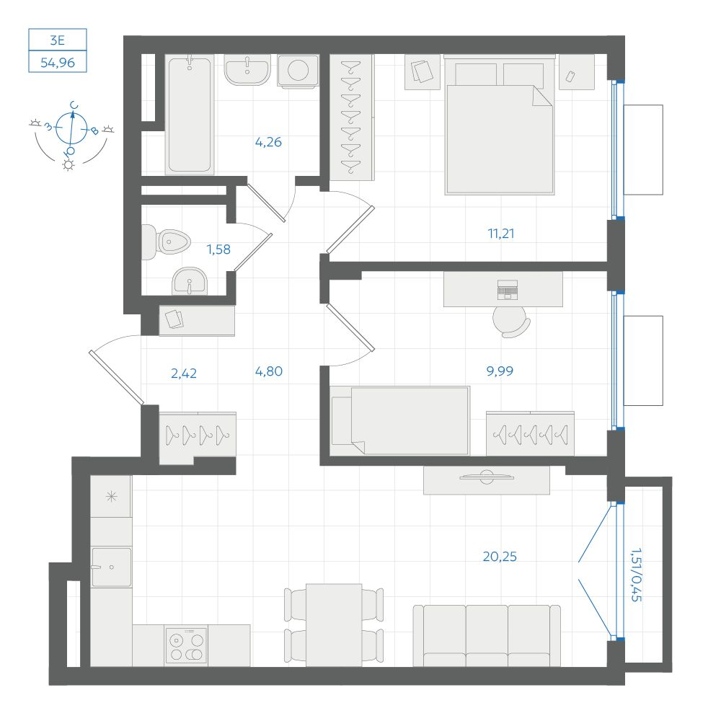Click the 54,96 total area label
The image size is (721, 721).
[58, 62]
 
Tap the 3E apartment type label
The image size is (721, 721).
[57, 40]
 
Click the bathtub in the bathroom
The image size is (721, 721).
[190, 115]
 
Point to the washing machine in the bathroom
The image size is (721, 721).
[298, 71]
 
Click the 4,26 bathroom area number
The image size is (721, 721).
[268, 141]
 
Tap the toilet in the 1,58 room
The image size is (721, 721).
[166, 242]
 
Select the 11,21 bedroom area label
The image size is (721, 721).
[501, 234]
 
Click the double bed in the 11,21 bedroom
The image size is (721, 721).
[500, 125]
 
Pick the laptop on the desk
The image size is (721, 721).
[507, 290]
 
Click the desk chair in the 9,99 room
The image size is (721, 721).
[511, 322]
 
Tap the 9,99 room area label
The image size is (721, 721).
[500, 371]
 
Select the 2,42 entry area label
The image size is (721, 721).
[183, 373]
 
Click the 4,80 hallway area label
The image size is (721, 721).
[268, 371]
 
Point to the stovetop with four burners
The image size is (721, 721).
[186, 645]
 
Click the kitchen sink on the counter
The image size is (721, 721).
[111, 567]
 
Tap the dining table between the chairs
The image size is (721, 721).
[334, 625]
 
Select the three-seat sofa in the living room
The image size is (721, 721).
[487, 635]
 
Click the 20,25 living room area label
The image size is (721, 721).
[500, 557]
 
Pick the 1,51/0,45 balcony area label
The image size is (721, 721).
[637, 575]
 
